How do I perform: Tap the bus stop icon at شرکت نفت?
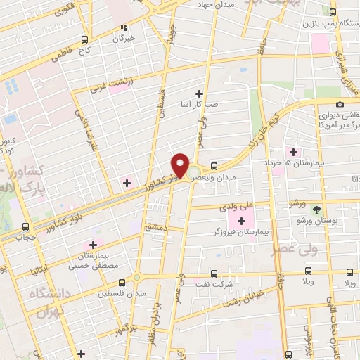point(214,274)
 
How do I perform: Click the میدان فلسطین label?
point(122,292)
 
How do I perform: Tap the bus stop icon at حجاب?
point(26,226)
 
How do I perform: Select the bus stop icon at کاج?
point(84,39)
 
